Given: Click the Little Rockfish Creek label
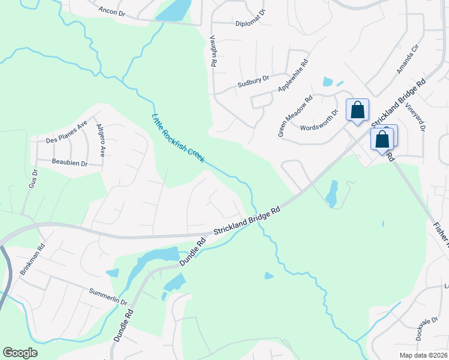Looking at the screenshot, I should [178, 138].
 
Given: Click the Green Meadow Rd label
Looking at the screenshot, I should [295, 118].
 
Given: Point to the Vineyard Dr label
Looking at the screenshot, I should [417, 116].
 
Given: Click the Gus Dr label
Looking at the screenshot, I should [34, 179].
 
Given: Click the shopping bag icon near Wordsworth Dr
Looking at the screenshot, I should [357, 110].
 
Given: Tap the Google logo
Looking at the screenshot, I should [20, 353].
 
